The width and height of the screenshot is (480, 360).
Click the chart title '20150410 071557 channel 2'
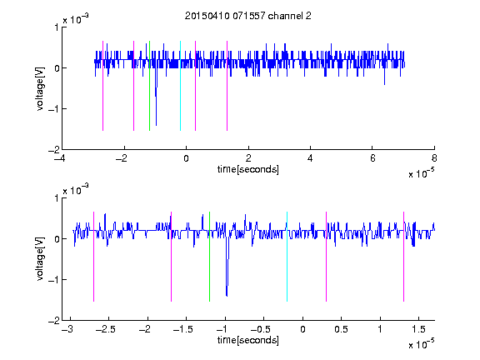248,16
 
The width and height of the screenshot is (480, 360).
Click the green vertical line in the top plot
149,86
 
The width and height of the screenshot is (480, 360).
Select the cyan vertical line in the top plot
180,86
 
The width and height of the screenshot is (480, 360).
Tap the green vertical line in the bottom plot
209,257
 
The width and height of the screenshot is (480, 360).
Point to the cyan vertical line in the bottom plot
287,257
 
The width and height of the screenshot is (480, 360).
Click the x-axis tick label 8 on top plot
434,158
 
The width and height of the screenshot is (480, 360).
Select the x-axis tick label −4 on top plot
59,158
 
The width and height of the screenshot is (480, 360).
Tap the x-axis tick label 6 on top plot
372,158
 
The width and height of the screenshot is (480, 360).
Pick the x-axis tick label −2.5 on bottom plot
105,329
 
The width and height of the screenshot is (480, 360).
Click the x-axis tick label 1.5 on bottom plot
418,329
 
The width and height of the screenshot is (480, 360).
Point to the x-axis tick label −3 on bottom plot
67,329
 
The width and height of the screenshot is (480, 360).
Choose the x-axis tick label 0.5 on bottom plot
341,329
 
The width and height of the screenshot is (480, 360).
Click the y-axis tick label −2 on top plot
53,150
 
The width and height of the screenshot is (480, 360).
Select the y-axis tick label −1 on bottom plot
53,279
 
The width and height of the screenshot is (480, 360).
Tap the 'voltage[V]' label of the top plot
40,88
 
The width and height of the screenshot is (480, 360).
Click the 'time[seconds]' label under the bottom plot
248,340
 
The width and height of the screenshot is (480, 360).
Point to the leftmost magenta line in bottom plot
93,257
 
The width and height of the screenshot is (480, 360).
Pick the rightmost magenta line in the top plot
227,86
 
